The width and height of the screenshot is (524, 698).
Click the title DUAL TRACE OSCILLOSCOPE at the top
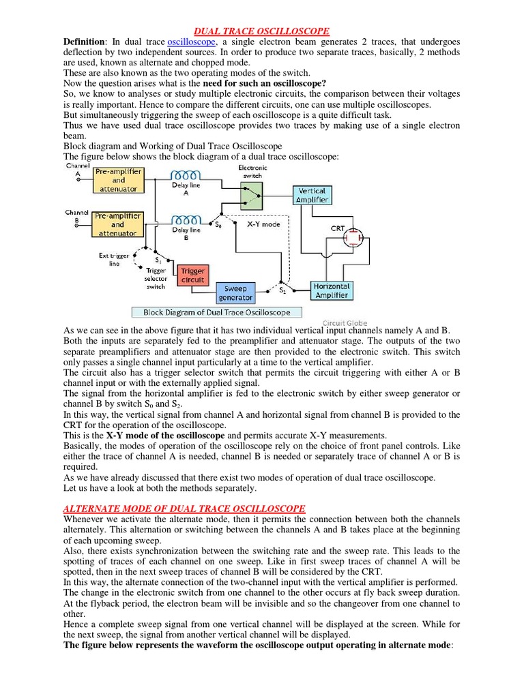(x=263, y=31)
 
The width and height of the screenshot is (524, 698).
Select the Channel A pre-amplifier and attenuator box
(x=118, y=181)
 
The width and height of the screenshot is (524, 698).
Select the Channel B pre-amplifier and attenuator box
(x=118, y=224)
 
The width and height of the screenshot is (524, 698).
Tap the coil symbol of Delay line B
(x=186, y=219)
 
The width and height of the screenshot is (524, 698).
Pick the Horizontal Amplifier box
(x=332, y=290)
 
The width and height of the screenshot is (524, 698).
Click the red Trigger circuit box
(x=192, y=275)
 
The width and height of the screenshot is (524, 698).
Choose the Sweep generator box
(x=236, y=293)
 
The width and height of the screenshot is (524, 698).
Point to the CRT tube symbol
(x=353, y=238)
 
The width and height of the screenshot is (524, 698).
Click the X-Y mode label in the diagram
(x=263, y=224)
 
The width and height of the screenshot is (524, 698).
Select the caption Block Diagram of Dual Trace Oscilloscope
(x=216, y=313)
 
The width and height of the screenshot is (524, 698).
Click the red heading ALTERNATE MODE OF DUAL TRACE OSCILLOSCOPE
(x=184, y=509)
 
